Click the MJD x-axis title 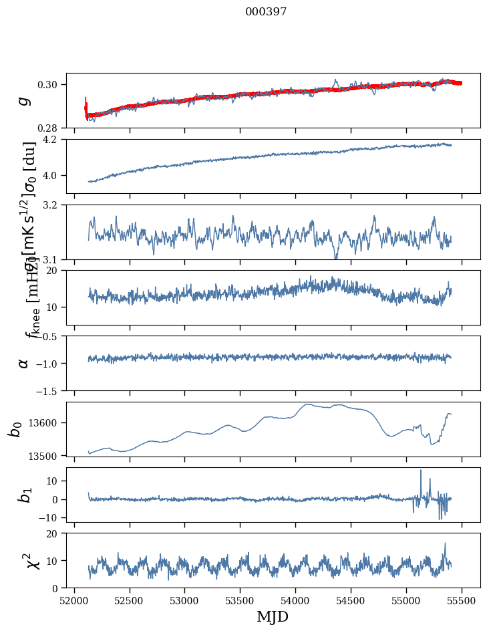[273, 616]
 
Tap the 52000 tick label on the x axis [74, 600]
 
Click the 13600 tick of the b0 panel [46, 422]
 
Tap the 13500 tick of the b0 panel [46, 456]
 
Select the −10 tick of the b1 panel [50, 517]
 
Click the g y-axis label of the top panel [25, 100]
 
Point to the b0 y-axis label [15, 428]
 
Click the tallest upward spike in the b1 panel [421, 471]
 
